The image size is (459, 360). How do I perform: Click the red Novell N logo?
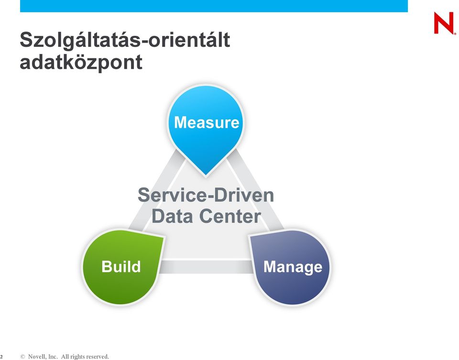(444, 23)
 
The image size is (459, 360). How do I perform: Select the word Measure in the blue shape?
(207, 122)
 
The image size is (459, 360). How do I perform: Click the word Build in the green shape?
(121, 267)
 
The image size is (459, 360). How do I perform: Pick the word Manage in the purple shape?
(293, 267)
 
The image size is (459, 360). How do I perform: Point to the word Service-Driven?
(206, 195)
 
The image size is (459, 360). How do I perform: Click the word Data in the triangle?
(172, 216)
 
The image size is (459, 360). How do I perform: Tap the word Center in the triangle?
(230, 216)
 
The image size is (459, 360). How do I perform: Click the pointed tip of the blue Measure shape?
(206, 176)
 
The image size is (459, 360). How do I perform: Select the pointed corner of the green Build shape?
(164, 237)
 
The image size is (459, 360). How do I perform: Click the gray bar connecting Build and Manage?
(207, 267)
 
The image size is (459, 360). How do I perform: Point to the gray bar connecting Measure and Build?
(157, 190)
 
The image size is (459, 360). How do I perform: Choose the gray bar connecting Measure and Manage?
(255, 190)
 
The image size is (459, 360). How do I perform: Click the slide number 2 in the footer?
(1, 357)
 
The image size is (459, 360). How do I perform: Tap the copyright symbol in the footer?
(22, 357)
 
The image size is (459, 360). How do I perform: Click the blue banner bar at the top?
(214, 6)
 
